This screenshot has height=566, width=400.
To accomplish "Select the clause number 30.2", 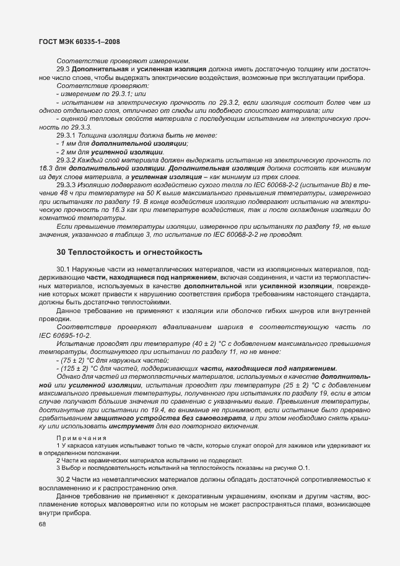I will coord(63,480).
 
